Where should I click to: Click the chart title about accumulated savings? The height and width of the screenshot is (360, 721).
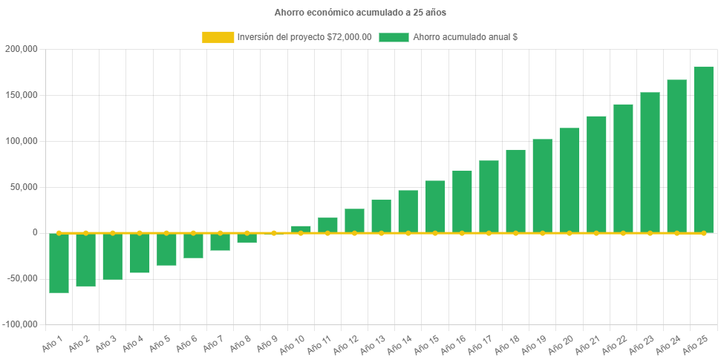(x=360, y=13)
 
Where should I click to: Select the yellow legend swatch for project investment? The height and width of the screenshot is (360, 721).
(x=218, y=37)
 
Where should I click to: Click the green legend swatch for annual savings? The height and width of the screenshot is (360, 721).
(x=394, y=37)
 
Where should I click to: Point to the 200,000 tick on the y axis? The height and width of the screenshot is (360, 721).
(x=21, y=49)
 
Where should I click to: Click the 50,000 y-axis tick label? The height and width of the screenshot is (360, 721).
(x=23, y=187)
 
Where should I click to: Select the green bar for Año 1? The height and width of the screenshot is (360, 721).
(x=59, y=263)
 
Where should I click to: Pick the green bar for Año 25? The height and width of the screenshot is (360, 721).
(x=703, y=149)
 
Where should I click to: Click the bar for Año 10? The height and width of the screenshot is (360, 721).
(x=301, y=229)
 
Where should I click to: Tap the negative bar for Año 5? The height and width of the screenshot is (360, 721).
(x=166, y=249)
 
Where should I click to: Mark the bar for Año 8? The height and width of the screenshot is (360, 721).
(x=247, y=238)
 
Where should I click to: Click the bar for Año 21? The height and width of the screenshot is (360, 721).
(x=596, y=174)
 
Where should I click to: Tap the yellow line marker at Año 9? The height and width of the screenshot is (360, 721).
(x=274, y=233)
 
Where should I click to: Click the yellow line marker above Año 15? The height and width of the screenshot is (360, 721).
(x=435, y=233)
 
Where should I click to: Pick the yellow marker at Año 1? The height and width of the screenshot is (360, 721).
(x=59, y=233)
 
